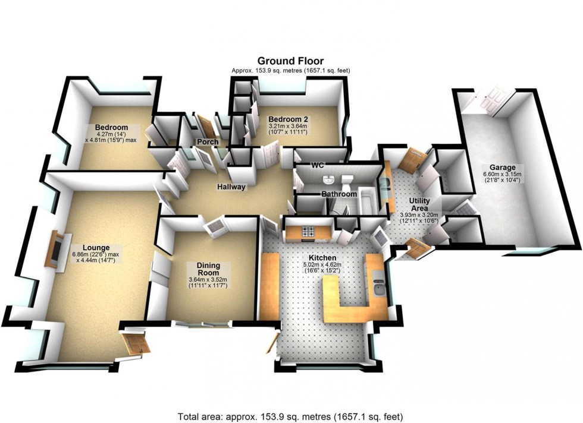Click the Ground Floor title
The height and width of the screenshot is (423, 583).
290,61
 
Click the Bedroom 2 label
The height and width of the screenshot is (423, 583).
288,119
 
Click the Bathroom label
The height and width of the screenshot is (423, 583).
339,194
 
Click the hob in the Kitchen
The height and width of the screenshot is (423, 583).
309,232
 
